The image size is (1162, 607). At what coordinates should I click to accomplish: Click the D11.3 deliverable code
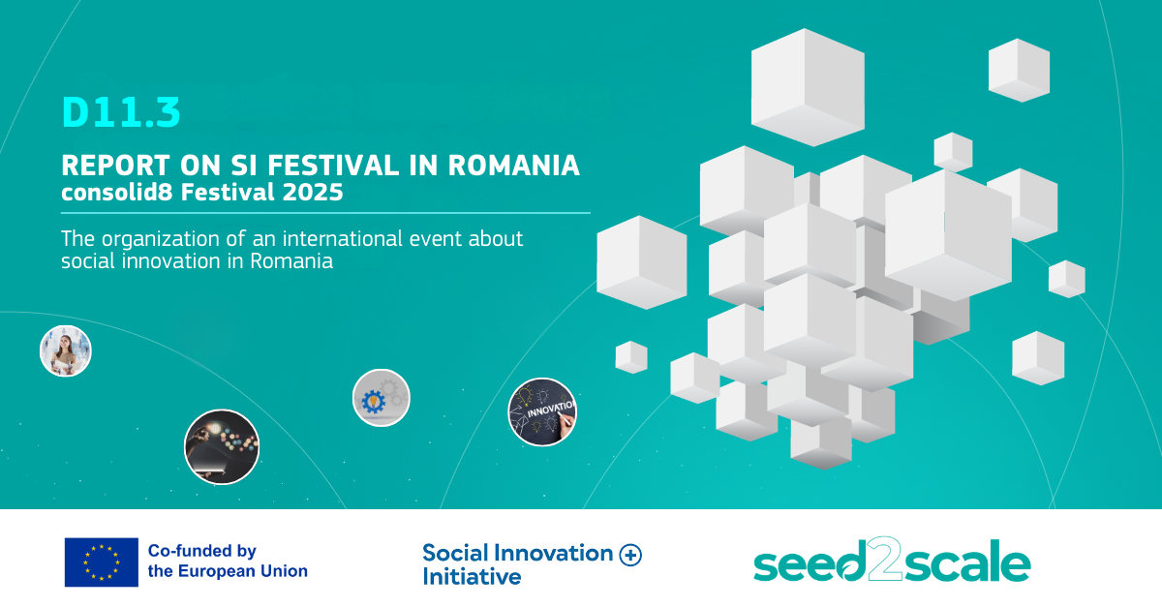pyautogui.click(x=121, y=112)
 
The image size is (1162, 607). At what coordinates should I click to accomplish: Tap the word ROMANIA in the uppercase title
pyautogui.click(x=513, y=166)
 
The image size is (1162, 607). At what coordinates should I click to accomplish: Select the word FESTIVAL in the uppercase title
pyautogui.click(x=333, y=166)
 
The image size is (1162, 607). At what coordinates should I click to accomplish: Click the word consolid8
pyautogui.click(x=117, y=193)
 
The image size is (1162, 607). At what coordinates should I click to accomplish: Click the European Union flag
pyautogui.click(x=101, y=562)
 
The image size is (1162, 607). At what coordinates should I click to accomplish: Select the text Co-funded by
pyautogui.click(x=202, y=551)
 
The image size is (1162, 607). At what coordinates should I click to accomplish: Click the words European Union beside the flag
pyautogui.click(x=243, y=571)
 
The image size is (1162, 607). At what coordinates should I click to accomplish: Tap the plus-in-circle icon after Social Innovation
pyautogui.click(x=630, y=555)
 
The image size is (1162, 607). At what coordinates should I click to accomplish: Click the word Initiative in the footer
pyautogui.click(x=472, y=577)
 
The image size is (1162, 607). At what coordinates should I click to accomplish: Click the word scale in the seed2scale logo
pyautogui.click(x=967, y=561)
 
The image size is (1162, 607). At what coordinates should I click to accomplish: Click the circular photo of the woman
pyautogui.click(x=66, y=351)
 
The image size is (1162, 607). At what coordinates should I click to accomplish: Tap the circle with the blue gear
pyautogui.click(x=382, y=398)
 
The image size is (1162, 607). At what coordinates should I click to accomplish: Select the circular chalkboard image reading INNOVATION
pyautogui.click(x=542, y=412)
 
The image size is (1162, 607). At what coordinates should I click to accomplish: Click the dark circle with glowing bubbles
pyautogui.click(x=222, y=447)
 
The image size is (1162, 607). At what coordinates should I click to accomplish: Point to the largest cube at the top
pyautogui.click(x=808, y=87)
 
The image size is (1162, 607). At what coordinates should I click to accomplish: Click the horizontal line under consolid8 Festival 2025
pyautogui.click(x=325, y=213)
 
